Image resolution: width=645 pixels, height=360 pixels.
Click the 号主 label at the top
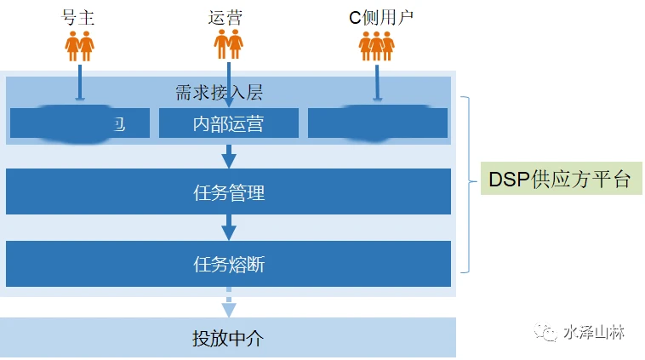[x=80, y=16]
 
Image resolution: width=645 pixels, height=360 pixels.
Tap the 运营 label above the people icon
[x=227, y=16]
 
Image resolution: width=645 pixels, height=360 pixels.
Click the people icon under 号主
[x=80, y=45]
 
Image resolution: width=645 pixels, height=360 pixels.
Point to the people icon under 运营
[x=228, y=44]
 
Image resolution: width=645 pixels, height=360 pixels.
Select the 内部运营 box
[x=228, y=123]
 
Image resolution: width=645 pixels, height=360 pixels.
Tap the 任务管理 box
[x=228, y=191]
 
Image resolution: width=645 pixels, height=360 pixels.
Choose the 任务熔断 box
[x=228, y=264]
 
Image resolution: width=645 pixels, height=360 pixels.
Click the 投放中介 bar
[x=228, y=338]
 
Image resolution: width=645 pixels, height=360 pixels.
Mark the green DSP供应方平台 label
[x=559, y=180]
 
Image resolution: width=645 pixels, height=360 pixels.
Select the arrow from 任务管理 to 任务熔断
[x=228, y=227]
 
